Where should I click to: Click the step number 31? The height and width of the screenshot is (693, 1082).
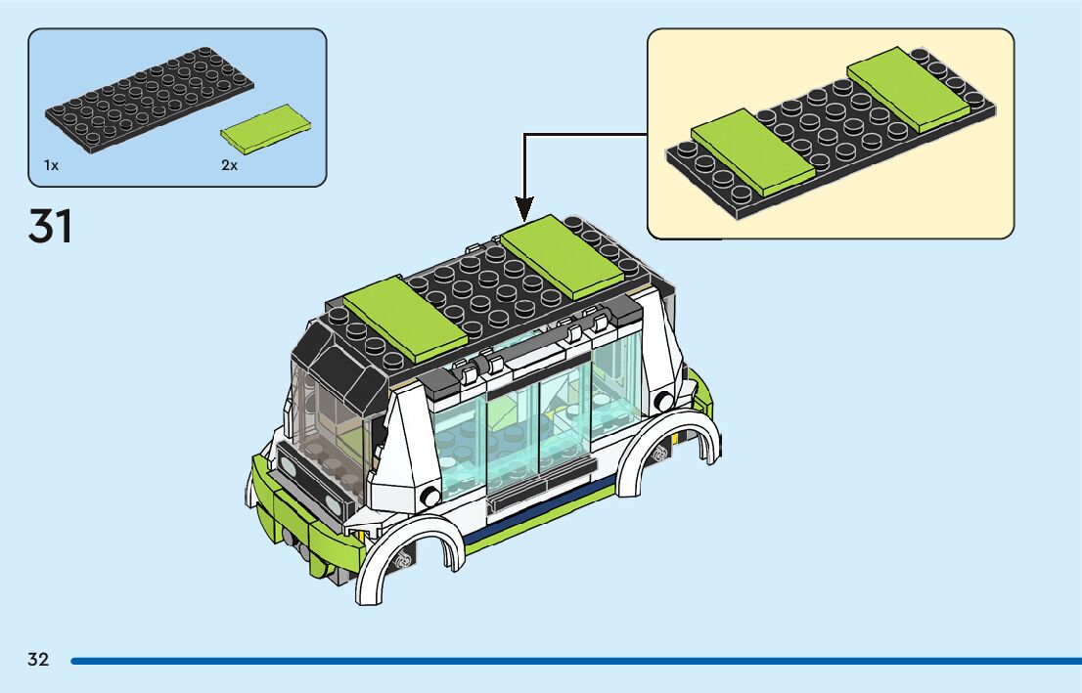(51, 227)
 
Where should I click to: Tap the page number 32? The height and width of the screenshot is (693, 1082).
(38, 660)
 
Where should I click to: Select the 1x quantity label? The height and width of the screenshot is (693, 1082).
(51, 166)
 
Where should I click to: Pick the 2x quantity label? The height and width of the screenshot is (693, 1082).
(229, 166)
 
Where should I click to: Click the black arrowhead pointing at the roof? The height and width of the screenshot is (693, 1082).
(524, 207)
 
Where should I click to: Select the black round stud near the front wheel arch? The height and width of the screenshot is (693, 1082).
(428, 497)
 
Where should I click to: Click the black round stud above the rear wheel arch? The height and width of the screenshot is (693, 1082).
(664, 401)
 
